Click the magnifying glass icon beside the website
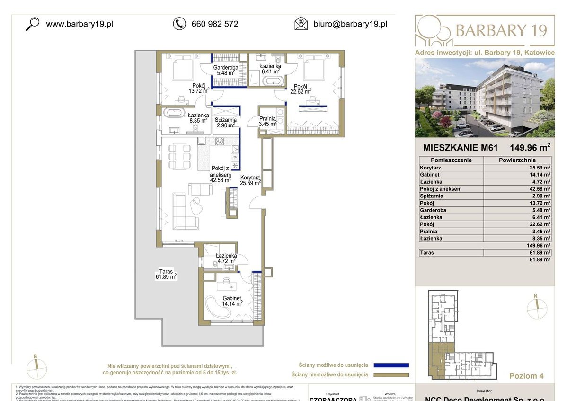click(32, 24)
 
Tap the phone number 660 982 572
click(214, 24)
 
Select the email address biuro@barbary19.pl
click(350, 24)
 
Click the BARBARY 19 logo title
click(501, 30)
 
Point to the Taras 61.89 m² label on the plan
click(166, 275)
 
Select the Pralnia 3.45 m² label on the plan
click(267, 122)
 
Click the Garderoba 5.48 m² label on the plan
click(225, 70)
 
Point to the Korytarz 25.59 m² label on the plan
click(250, 180)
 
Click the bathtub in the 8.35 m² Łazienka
click(174, 113)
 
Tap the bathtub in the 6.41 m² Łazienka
click(274, 81)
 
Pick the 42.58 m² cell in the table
click(517, 189)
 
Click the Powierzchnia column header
click(517, 160)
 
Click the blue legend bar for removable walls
click(390, 365)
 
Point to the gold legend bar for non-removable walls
click(390, 375)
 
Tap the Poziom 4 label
click(526, 376)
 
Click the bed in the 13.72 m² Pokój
click(181, 69)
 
